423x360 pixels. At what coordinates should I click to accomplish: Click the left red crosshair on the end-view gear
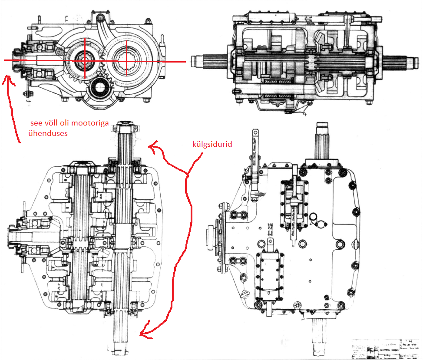coord(85,61)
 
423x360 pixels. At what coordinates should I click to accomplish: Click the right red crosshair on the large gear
coord(126,61)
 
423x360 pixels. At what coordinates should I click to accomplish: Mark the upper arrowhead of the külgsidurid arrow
coord(150,148)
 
